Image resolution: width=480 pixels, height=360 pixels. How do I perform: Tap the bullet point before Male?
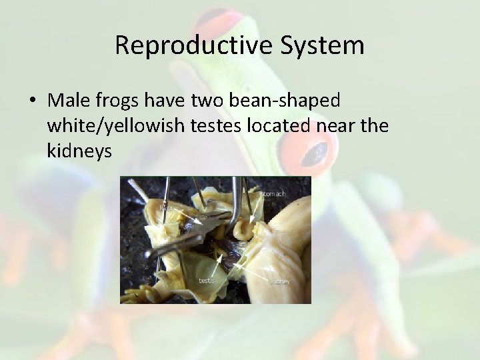[32, 101]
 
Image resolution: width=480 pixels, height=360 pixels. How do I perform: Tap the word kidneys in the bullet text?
[79, 151]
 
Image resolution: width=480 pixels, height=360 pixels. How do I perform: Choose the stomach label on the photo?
[272, 194]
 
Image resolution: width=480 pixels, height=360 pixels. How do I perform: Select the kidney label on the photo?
[280, 281]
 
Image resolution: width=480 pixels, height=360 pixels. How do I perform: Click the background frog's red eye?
[313, 150]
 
